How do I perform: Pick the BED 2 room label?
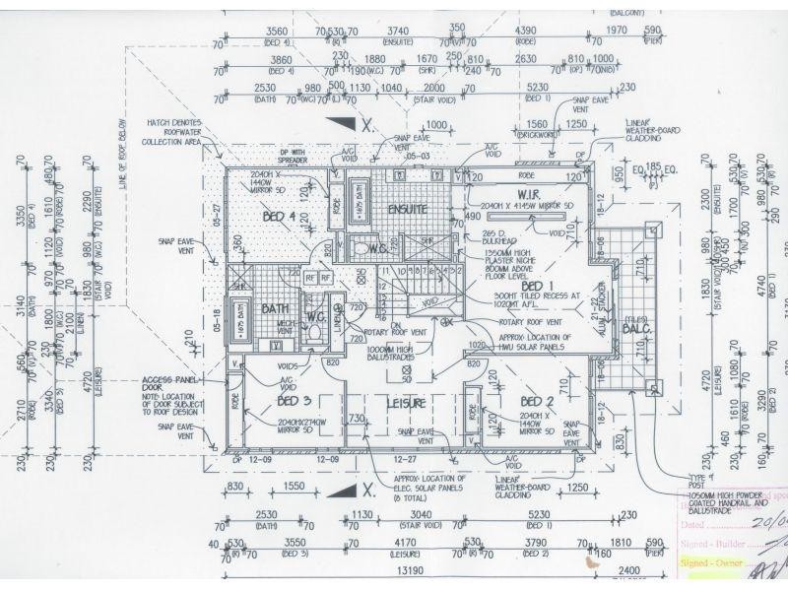click(x=537, y=401)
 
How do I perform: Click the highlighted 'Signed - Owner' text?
click(x=707, y=562)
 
